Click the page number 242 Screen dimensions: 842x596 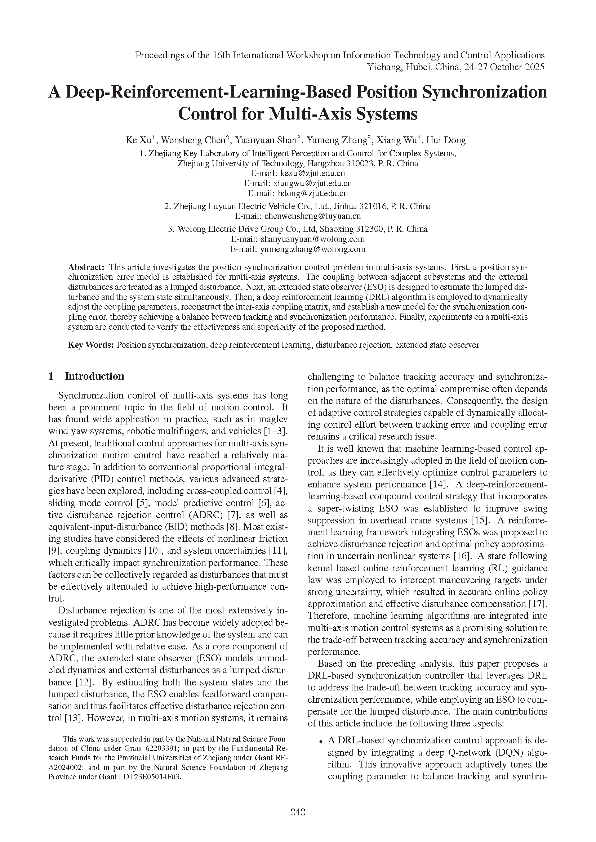point(298,812)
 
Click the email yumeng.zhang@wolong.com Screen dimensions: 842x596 point(313,249)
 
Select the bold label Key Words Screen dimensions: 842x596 point(91,345)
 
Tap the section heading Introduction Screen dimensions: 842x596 point(94,376)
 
